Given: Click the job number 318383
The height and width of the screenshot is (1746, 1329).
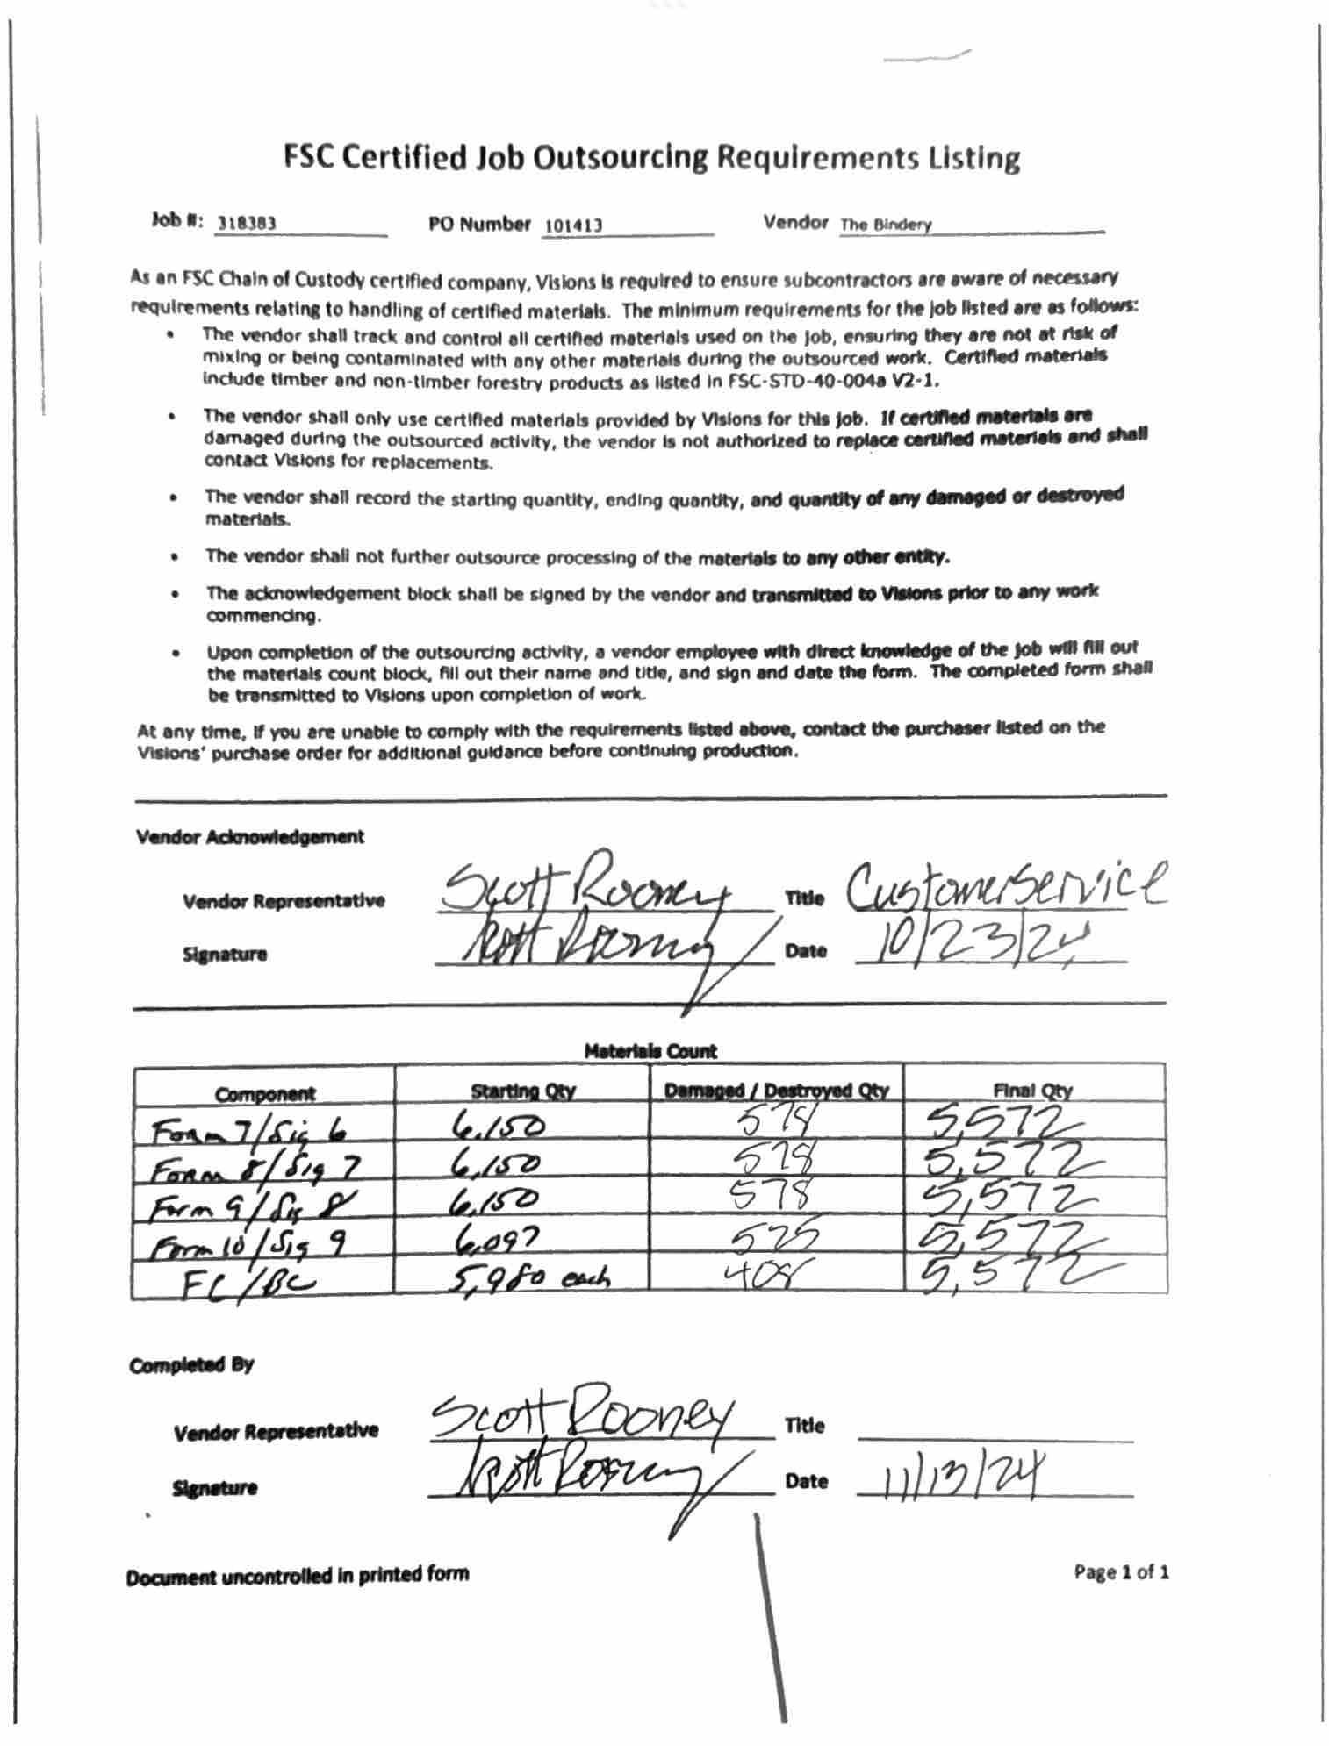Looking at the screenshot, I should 247,224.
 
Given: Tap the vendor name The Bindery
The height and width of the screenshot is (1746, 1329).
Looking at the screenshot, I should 885,225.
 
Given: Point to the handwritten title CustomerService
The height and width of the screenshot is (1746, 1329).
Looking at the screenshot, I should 1005,888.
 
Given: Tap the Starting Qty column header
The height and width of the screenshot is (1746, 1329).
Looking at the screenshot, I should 523,1091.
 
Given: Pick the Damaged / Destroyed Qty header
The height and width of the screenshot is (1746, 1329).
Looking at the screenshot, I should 776,1091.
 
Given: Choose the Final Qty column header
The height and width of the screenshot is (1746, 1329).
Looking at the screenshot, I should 1033,1091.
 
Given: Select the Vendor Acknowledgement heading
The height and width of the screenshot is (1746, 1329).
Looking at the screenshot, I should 250,837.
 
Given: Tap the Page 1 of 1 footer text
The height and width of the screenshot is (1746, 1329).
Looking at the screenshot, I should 1121,1571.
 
